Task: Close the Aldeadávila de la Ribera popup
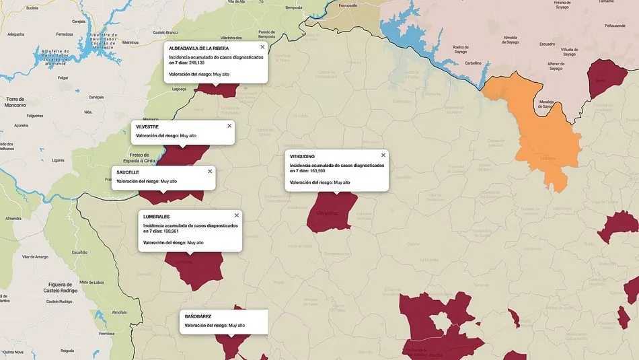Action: [x=262, y=47]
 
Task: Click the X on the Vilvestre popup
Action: [x=229, y=126]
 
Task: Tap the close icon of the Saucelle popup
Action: [x=210, y=172]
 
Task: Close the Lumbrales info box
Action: [x=237, y=215]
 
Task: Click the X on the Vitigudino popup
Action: [x=383, y=155]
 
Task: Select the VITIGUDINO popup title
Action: [x=302, y=157]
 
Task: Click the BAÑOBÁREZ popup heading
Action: [x=198, y=316]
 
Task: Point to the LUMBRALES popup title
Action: [x=157, y=217]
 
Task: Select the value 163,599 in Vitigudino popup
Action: [x=317, y=171]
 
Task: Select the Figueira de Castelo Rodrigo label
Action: [x=61, y=287]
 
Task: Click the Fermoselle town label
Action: [x=348, y=5]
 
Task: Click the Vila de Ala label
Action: [x=236, y=2]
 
